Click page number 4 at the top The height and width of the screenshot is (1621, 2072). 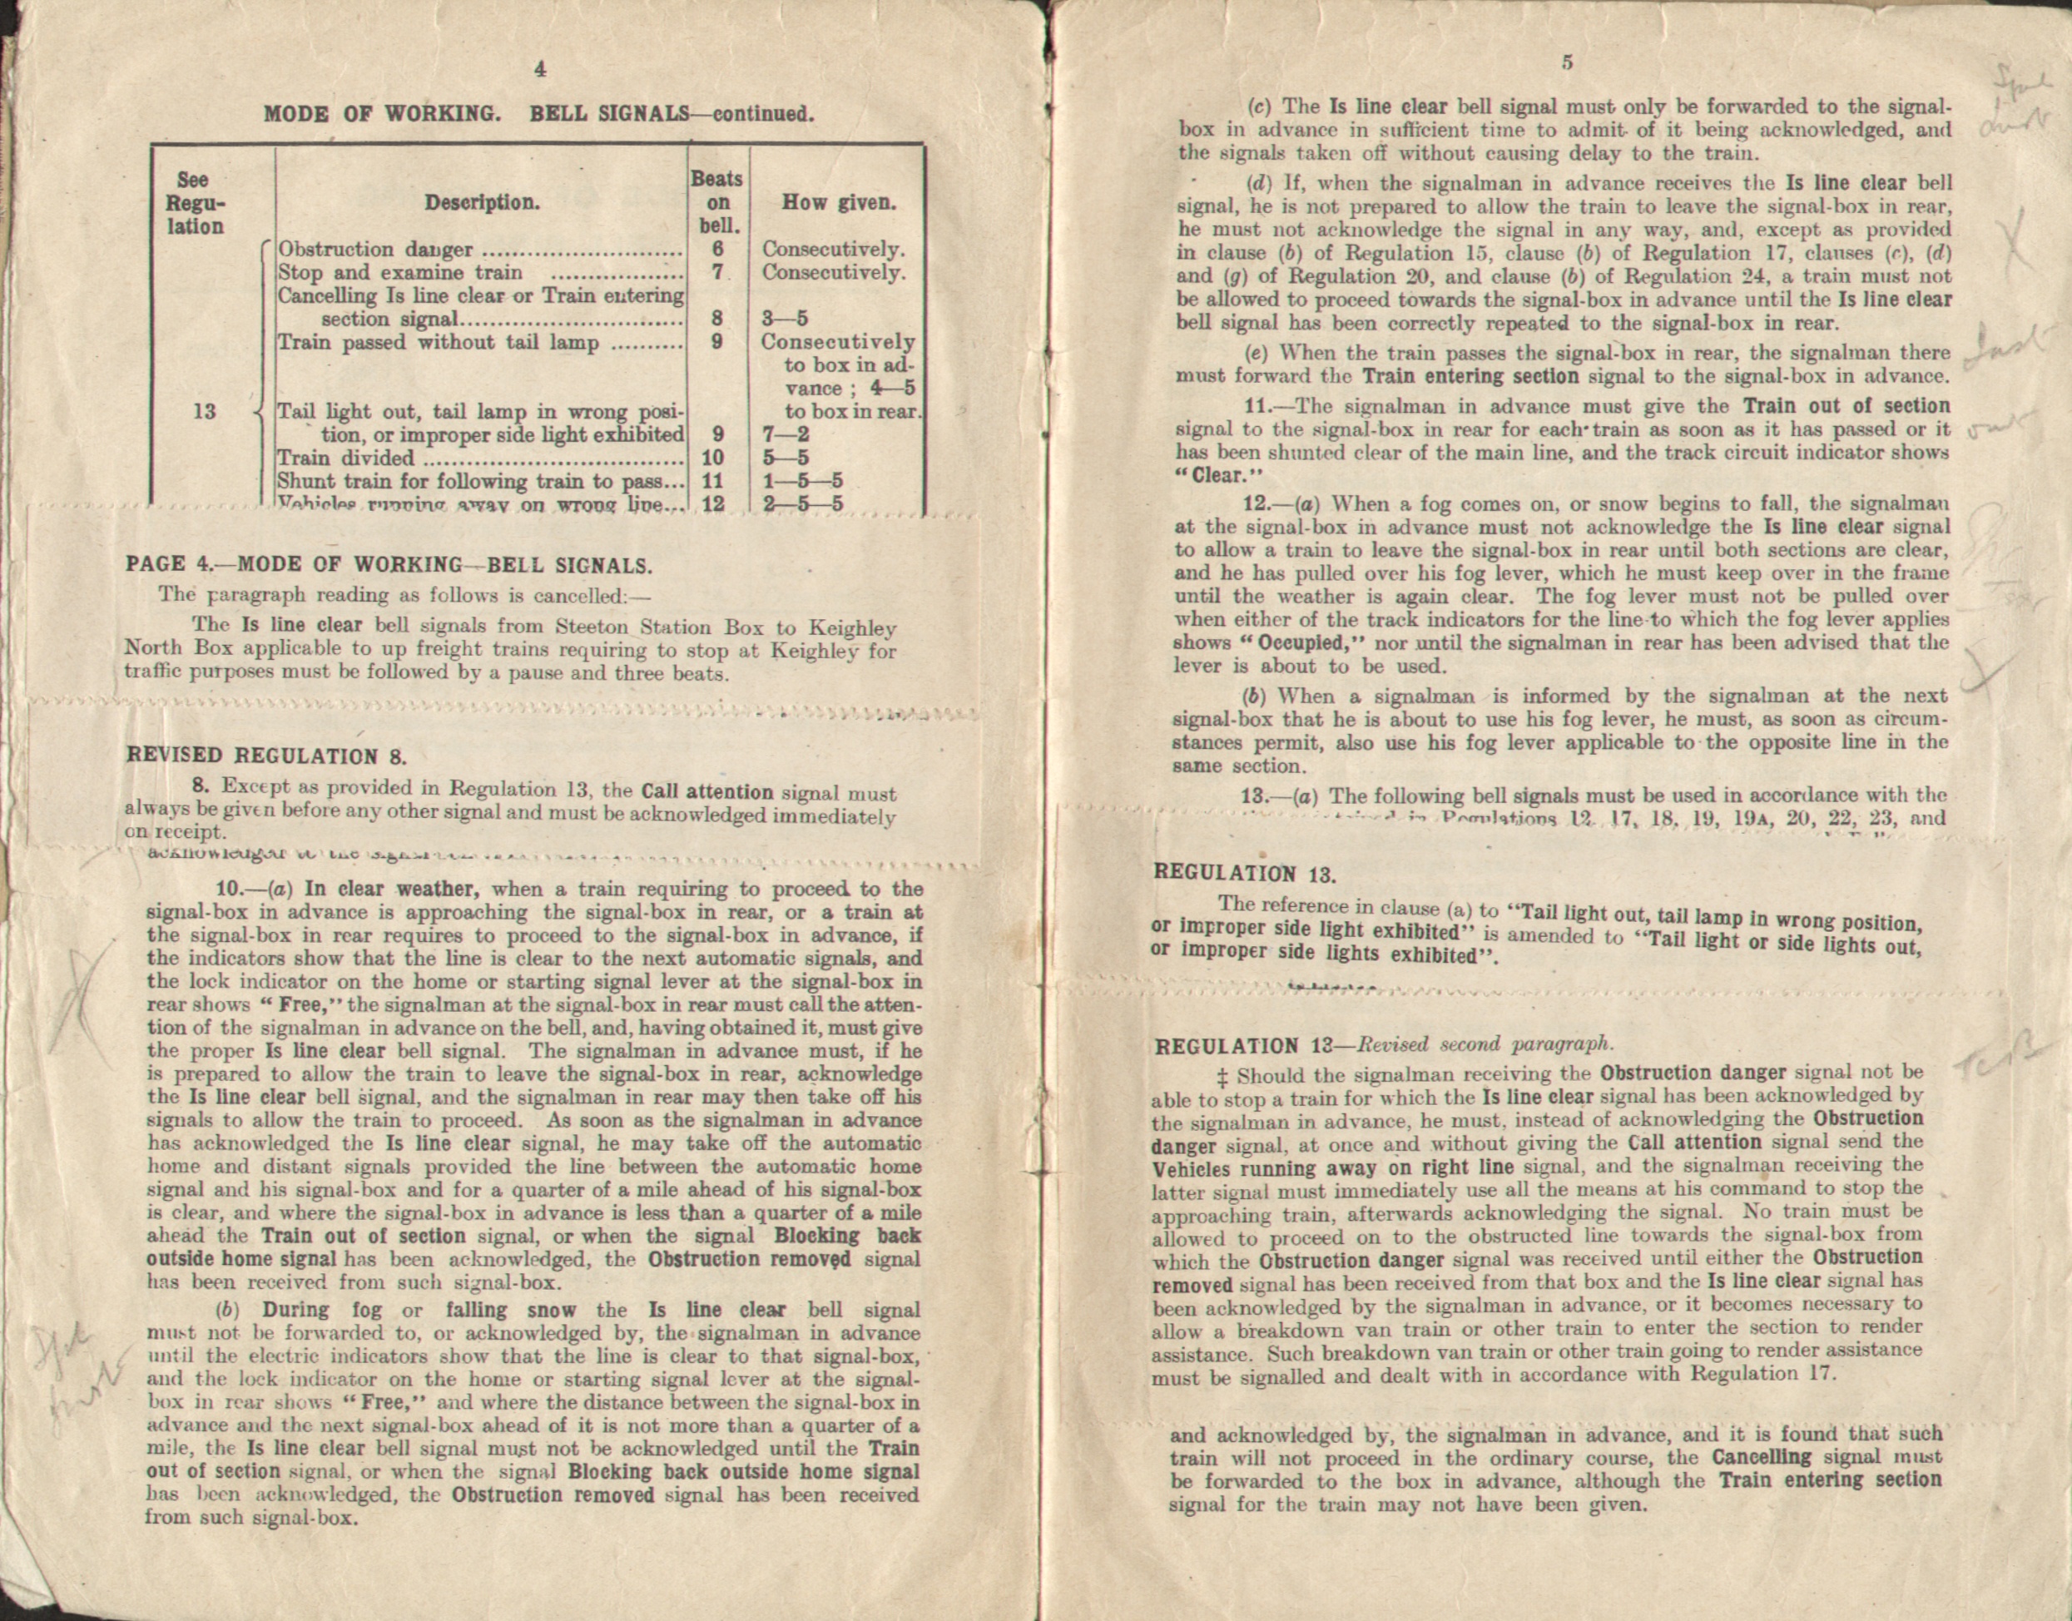(540, 69)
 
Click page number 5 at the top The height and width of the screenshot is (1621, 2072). (1567, 62)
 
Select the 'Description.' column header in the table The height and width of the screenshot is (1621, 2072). (482, 203)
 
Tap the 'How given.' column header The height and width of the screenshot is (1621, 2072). (839, 202)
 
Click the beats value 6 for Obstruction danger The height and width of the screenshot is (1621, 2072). (718, 250)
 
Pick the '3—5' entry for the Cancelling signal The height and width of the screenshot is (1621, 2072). (785, 319)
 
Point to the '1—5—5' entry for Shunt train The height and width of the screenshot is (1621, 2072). (803, 481)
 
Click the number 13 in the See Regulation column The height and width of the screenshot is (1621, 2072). (204, 411)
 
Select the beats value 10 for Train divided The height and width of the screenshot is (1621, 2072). (713, 459)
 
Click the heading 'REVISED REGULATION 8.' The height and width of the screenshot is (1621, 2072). (267, 756)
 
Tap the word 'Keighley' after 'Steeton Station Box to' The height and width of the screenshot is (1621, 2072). (851, 628)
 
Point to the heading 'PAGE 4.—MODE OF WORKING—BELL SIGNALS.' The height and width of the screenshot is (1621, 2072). (389, 566)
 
